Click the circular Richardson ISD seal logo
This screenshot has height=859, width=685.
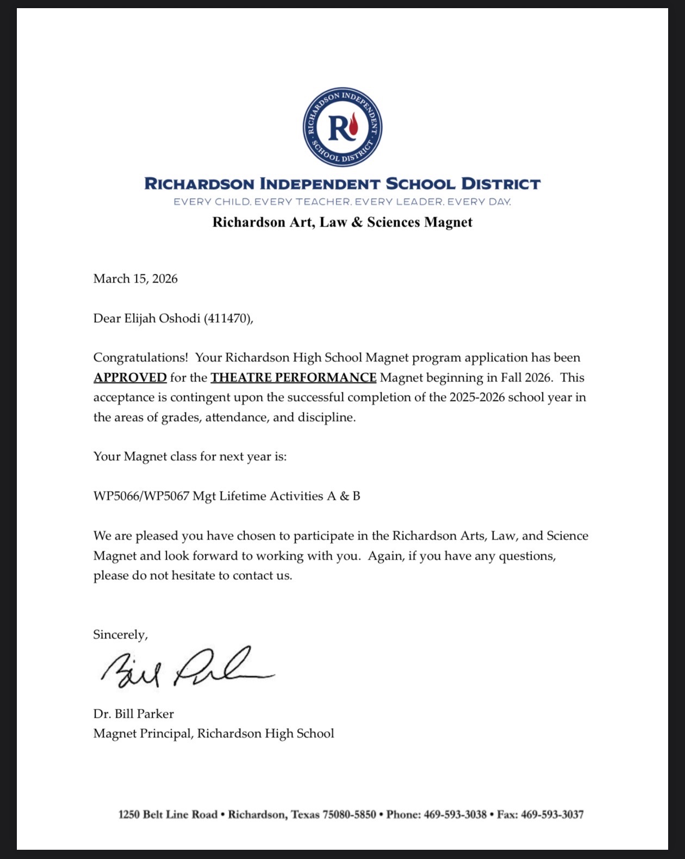[342, 127]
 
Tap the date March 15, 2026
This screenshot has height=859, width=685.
[135, 279]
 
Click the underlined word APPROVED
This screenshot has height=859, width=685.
[130, 378]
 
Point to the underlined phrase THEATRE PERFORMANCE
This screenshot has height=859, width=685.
[294, 378]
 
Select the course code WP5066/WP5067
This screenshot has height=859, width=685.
[141, 496]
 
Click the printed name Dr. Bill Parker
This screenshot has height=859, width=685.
[133, 714]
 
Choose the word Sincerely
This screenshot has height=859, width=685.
[120, 635]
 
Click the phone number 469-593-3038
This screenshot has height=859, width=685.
[455, 814]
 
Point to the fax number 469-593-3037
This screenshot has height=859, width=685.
[552, 814]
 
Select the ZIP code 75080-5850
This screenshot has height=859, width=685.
[349, 814]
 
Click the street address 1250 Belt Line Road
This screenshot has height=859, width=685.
[168, 814]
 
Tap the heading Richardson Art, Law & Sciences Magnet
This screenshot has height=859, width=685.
[342, 222]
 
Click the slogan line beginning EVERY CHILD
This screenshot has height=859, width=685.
[342, 202]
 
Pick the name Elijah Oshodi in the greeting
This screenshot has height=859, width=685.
[162, 318]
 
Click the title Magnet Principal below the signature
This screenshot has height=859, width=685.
[142, 733]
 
